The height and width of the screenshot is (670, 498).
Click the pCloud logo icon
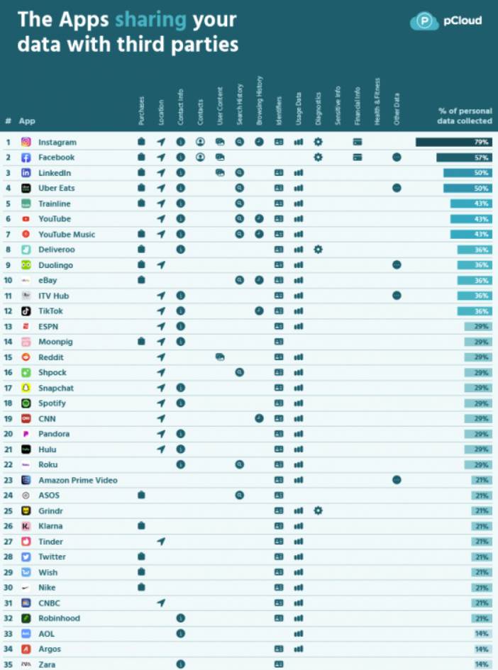pyautogui.click(x=424, y=21)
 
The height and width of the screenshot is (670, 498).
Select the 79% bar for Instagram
pyautogui.click(x=453, y=142)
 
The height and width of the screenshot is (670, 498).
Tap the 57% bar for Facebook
pyautogui.click(x=464, y=157)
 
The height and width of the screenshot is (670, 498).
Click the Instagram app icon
pyautogui.click(x=26, y=142)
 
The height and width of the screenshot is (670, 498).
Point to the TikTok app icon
pyautogui.click(x=26, y=311)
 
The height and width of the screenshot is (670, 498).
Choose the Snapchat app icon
pyautogui.click(x=26, y=388)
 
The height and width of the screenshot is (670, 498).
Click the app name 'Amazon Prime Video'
pyautogui.click(x=78, y=480)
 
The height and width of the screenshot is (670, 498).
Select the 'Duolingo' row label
pyautogui.click(x=55, y=265)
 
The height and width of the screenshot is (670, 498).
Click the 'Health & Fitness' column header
pyautogui.click(x=377, y=103)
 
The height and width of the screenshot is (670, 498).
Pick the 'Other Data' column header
pyautogui.click(x=397, y=109)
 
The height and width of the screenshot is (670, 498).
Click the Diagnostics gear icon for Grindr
pyautogui.click(x=318, y=510)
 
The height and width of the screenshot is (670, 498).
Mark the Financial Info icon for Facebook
pyautogui.click(x=358, y=157)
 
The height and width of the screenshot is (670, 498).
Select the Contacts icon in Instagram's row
pyautogui.click(x=200, y=142)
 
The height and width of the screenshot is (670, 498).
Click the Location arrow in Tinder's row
pyautogui.click(x=161, y=542)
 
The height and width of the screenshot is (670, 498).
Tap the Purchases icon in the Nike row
pyautogui.click(x=141, y=587)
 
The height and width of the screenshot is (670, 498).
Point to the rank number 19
pyautogui.click(x=9, y=418)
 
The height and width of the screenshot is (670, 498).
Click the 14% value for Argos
pyautogui.click(x=481, y=649)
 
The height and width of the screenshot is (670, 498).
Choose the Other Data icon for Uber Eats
pyautogui.click(x=397, y=188)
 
